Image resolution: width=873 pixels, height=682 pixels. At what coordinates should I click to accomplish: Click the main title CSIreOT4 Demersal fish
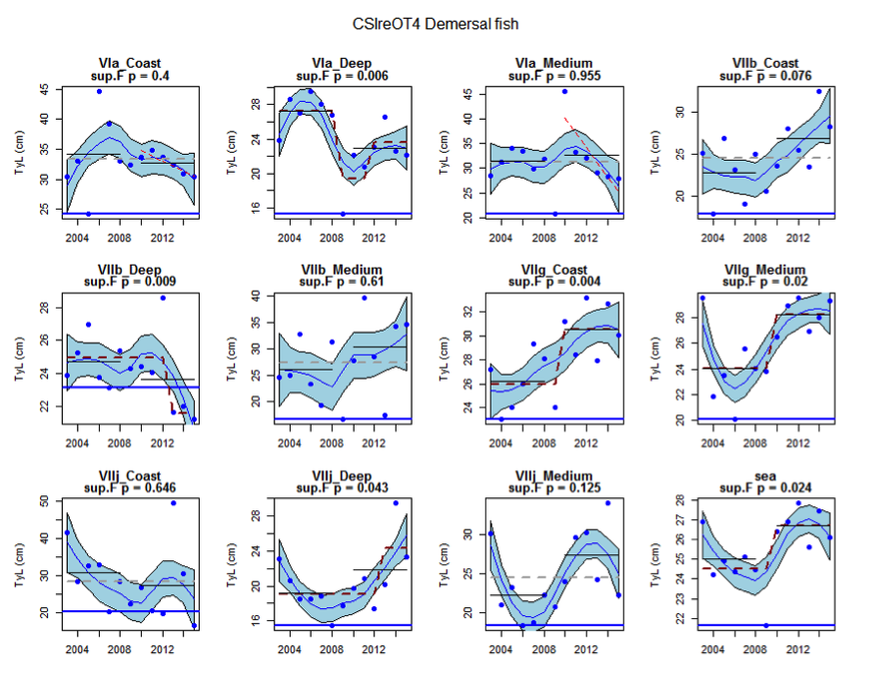click(x=436, y=22)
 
